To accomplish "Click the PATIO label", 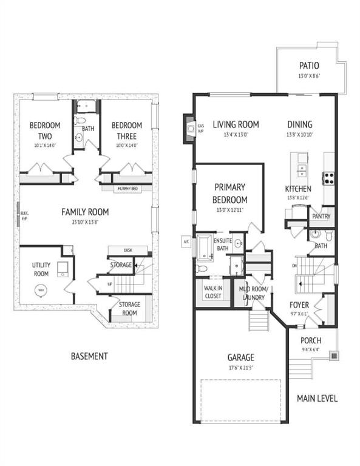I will (x=309, y=66).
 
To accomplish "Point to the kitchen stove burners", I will (x=328, y=178).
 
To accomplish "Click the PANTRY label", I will (x=320, y=215).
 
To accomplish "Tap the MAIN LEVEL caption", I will (x=317, y=398).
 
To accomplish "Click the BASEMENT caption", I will (x=89, y=356).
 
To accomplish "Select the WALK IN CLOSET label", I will (x=212, y=292).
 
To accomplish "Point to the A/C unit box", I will (x=186, y=241).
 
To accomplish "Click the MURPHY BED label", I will (x=127, y=189).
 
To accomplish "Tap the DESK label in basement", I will (x=127, y=250).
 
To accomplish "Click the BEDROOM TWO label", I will (x=42, y=130).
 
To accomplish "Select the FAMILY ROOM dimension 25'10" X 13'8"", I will (x=85, y=222).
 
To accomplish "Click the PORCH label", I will (x=311, y=340).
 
